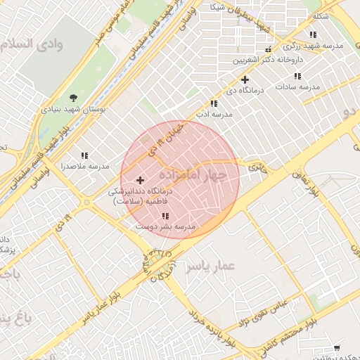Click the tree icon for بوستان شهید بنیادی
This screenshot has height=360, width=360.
[74, 97]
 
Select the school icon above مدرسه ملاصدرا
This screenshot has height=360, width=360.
[84, 155]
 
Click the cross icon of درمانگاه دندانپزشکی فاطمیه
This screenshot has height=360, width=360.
[140, 181]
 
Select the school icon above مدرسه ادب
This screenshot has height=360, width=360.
[214, 103]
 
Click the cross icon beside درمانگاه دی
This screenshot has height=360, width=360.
[245, 80]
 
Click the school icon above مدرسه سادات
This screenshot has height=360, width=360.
[297, 76]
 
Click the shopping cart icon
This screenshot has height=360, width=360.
[337, 348]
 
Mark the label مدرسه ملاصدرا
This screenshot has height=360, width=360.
[85, 167]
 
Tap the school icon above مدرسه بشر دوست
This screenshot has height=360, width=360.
[165, 217]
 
